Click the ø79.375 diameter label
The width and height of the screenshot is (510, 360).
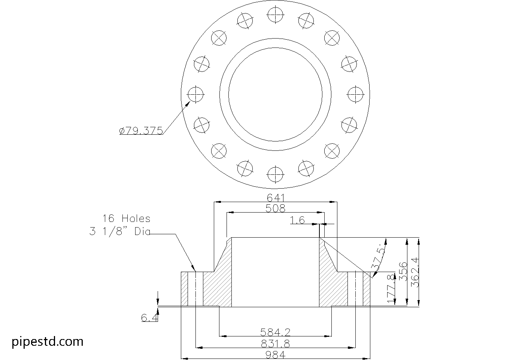click(x=141, y=131)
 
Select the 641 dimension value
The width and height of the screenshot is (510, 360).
click(x=276, y=198)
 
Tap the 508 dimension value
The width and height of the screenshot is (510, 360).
click(x=276, y=208)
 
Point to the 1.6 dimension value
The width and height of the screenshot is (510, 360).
click(x=297, y=220)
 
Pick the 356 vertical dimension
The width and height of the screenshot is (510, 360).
click(x=403, y=272)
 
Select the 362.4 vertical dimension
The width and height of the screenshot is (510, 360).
click(x=415, y=272)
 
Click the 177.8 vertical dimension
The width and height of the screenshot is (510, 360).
click(x=392, y=289)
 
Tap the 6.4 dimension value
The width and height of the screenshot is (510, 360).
click(x=149, y=318)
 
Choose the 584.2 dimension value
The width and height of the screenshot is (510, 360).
click(x=276, y=332)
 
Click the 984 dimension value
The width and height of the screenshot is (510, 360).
click(x=276, y=355)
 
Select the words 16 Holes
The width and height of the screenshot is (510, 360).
click(x=126, y=219)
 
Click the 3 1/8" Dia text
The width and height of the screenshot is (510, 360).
click(x=119, y=232)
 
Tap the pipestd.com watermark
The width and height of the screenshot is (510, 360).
click(x=48, y=341)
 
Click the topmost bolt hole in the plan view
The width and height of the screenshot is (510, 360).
click(x=275, y=15)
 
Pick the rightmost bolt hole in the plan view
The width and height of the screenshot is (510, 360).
click(x=355, y=94)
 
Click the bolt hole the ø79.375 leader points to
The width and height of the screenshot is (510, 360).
click(x=195, y=94)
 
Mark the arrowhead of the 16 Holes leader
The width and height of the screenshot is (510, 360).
click(x=194, y=268)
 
